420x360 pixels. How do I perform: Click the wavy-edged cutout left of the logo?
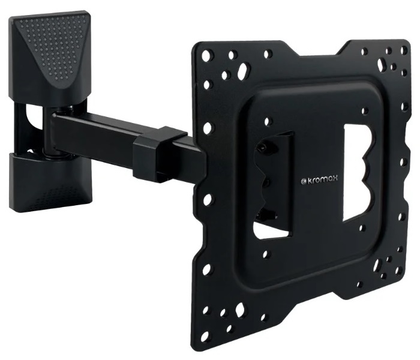point(272,185)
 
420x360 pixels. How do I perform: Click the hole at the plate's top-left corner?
point(206,56)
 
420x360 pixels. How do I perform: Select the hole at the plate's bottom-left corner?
point(206,335)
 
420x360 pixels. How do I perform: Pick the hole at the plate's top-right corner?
point(403,49)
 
